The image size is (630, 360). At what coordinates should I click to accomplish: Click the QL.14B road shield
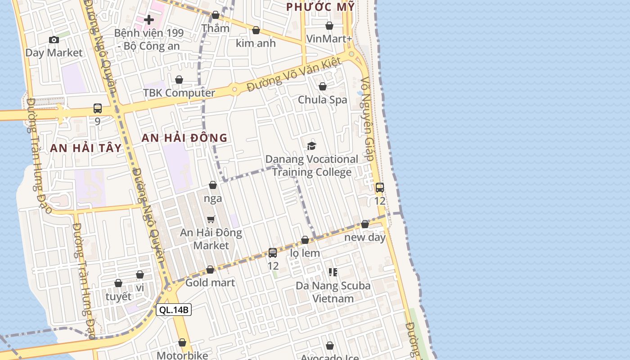[x=174, y=310]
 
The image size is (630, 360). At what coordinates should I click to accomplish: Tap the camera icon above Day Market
[x=54, y=40]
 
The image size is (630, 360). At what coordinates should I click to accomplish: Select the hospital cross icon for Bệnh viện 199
[x=149, y=20]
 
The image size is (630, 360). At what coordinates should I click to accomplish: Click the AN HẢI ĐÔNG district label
[x=184, y=138]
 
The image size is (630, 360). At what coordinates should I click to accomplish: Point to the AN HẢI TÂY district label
[x=86, y=148]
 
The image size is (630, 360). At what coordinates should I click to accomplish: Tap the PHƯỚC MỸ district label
[x=320, y=7]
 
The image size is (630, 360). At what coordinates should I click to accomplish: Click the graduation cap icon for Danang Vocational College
[x=311, y=146]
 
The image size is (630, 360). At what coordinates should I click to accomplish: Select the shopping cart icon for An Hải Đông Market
[x=211, y=220]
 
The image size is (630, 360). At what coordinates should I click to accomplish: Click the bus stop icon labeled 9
[x=98, y=108]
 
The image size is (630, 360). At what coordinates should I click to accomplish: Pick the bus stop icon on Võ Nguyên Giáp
[x=380, y=188]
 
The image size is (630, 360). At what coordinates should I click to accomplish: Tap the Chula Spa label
[x=323, y=99]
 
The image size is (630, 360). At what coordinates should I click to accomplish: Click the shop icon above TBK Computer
[x=179, y=80]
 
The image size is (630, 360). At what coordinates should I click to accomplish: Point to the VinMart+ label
[x=329, y=39]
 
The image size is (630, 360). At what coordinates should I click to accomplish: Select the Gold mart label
[x=210, y=283]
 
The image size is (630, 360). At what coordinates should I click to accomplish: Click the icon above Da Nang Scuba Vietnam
[x=333, y=272]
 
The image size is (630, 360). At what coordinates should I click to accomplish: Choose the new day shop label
[x=365, y=237]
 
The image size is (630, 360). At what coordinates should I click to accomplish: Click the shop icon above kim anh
[x=256, y=30]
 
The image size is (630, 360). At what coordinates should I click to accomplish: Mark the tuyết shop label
[x=118, y=297]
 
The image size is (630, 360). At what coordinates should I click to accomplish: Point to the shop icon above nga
[x=213, y=185]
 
